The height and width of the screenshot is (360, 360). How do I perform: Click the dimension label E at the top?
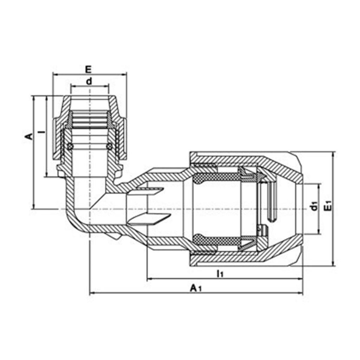coord(88,70)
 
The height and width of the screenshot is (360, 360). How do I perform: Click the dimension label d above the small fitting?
coord(89,81)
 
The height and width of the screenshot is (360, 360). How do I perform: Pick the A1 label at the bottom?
coord(195,288)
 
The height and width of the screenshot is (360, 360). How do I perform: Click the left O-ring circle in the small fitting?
coord(70,146)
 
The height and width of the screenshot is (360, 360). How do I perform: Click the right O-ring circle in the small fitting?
coord(109,146)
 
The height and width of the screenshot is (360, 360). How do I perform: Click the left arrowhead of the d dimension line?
coord(72,86)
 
